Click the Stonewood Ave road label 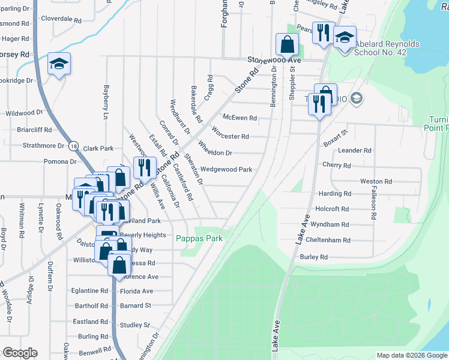point(274,61)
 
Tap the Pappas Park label point(199,238)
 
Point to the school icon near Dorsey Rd point(59,64)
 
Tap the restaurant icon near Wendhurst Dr point(144,167)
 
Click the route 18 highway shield point(73,146)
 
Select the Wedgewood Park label point(226,169)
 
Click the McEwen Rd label point(240,118)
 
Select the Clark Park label point(98,148)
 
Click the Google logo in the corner point(19,353)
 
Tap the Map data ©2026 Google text point(412,355)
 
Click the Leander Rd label point(355,151)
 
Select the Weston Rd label point(376,181)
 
